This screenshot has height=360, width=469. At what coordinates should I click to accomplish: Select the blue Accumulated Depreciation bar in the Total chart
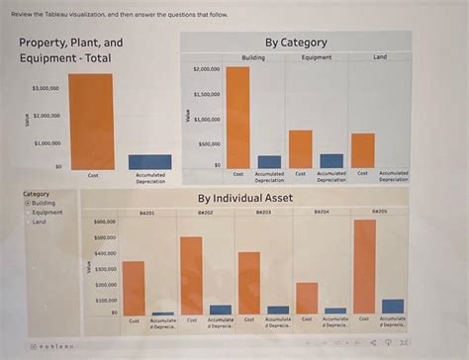pyautogui.click(x=149, y=162)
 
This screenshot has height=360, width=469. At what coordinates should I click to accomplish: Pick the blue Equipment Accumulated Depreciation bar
pyautogui.click(x=331, y=160)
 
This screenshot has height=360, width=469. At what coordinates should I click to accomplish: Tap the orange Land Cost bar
pyautogui.click(x=363, y=150)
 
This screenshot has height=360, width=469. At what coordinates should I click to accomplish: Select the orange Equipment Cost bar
pyautogui.click(x=301, y=148)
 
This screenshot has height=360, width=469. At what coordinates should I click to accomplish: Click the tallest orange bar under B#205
pyautogui.click(x=364, y=267)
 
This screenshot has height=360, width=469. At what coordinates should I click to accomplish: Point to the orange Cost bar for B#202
pyautogui.click(x=191, y=275)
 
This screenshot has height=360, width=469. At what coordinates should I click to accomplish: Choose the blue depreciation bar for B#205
pyautogui.click(x=393, y=307)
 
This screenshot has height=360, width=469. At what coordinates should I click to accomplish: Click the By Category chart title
pyautogui.click(x=296, y=43)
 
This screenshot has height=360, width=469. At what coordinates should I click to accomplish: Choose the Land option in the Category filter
pyautogui.click(x=40, y=222)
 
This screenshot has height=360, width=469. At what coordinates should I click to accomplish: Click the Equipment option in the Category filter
pyautogui.click(x=47, y=212)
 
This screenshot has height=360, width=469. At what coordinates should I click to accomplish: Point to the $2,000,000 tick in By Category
pyautogui.click(x=206, y=70)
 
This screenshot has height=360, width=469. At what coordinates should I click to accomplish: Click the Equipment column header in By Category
pyautogui.click(x=317, y=57)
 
